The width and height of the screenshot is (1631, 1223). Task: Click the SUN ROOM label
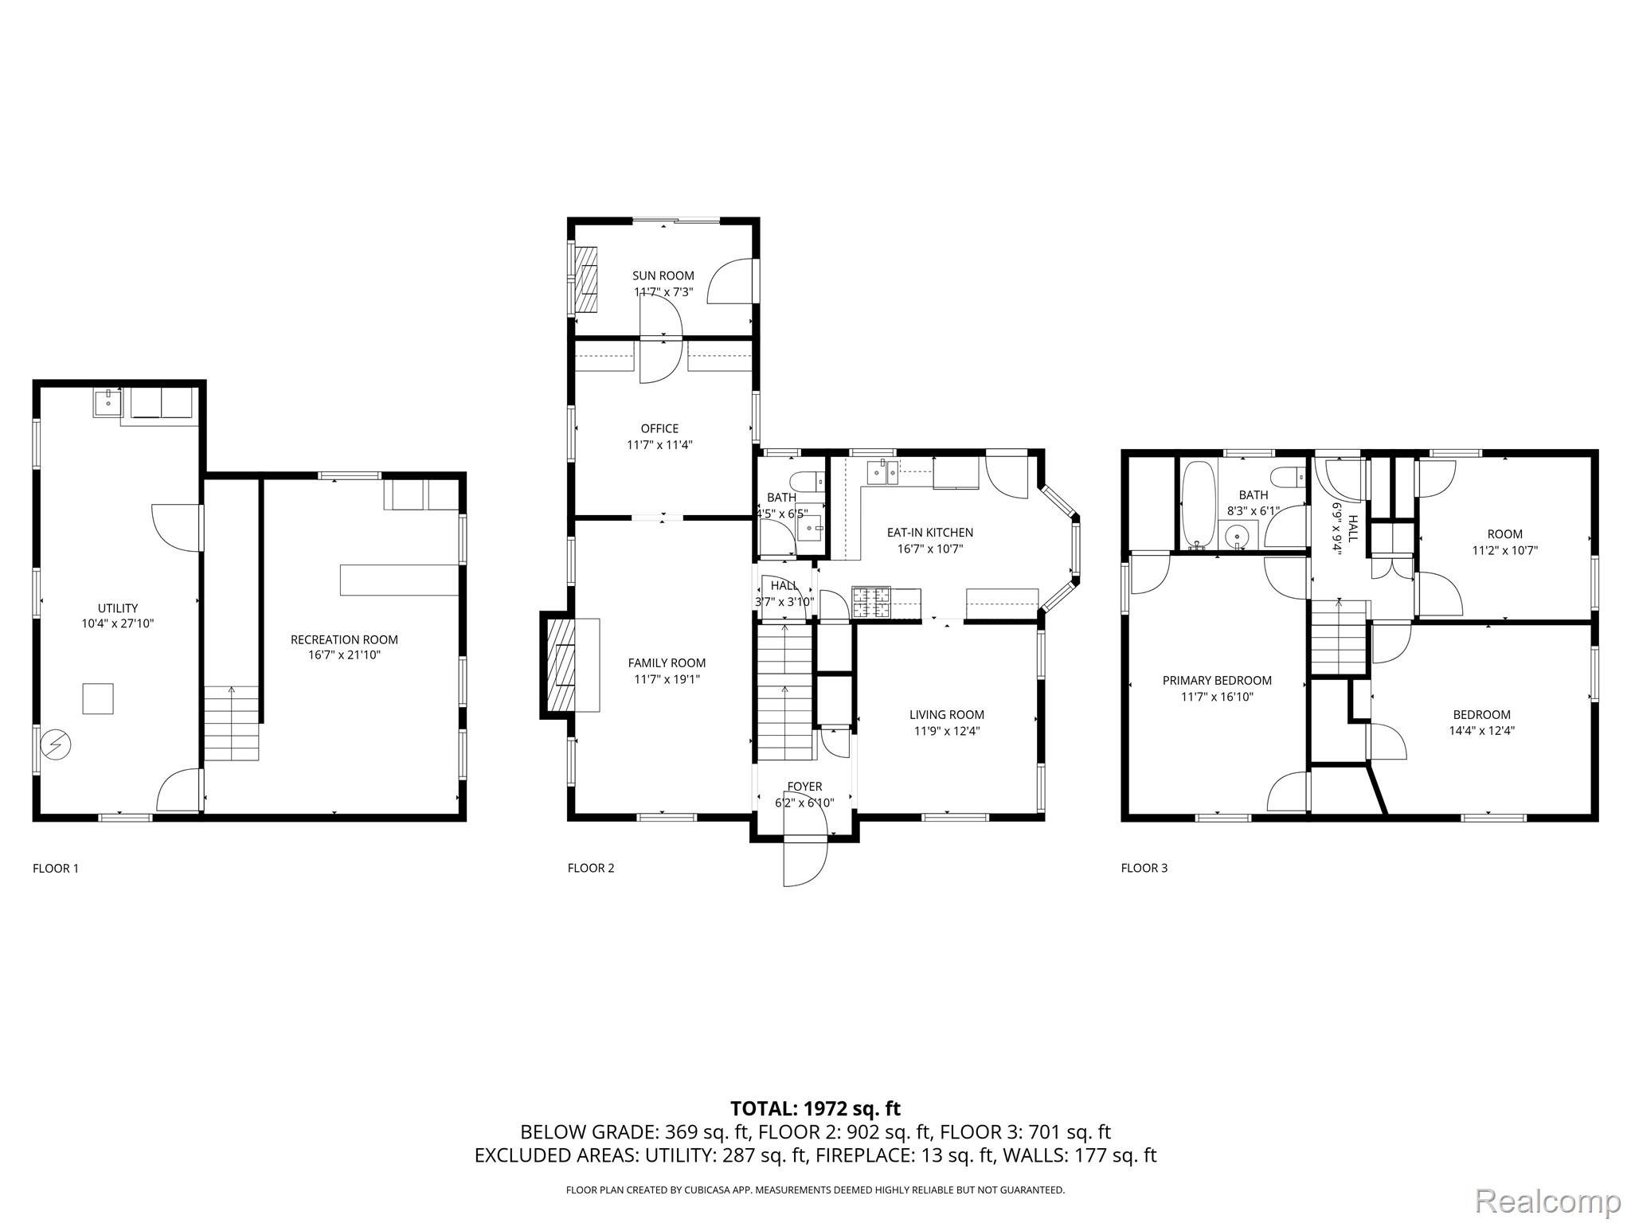(x=663, y=276)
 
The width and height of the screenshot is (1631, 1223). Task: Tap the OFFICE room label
(x=660, y=429)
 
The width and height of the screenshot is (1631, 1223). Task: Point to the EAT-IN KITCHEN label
(x=930, y=533)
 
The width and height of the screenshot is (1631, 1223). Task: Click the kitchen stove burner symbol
(x=870, y=602)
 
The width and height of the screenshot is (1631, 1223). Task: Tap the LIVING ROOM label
(x=947, y=715)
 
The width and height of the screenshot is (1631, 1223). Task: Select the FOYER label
(x=804, y=787)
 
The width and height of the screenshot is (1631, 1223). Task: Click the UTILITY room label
(x=118, y=608)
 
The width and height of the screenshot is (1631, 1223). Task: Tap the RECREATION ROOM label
(x=344, y=639)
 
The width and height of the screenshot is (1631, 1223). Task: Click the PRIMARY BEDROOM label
(x=1217, y=681)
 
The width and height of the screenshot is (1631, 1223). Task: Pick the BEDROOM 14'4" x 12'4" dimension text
(x=1481, y=730)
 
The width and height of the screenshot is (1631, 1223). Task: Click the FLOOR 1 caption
(x=56, y=868)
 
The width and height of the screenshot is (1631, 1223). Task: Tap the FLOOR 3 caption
(x=1144, y=868)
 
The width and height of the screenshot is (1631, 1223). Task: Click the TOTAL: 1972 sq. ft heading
(x=815, y=1108)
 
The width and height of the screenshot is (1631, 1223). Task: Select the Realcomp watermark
(x=1548, y=1200)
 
